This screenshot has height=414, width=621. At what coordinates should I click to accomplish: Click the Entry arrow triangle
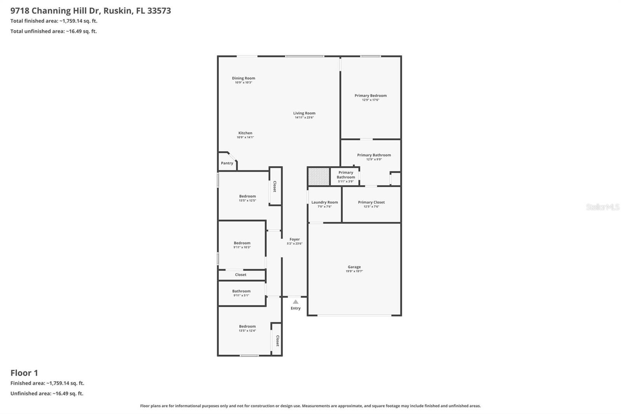pyautogui.click(x=295, y=302)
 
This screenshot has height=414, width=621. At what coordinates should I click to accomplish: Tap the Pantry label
pyautogui.click(x=227, y=163)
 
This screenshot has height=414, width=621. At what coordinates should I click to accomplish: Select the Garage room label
pyautogui.click(x=354, y=267)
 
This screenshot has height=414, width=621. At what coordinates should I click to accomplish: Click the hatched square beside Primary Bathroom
pyautogui.click(x=318, y=176)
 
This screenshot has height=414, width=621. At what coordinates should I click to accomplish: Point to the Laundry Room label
pyautogui.click(x=324, y=202)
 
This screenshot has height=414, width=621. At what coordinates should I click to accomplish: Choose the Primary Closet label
pyautogui.click(x=371, y=202)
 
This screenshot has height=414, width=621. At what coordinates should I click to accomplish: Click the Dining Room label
pyautogui.click(x=243, y=78)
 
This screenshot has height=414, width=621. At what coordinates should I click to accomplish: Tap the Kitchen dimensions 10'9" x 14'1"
pyautogui.click(x=245, y=137)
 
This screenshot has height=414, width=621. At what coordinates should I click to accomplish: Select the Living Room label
pyautogui.click(x=304, y=113)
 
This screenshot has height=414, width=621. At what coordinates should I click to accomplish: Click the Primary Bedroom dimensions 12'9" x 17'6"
pyautogui.click(x=370, y=100)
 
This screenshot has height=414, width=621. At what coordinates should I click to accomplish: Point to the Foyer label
pyautogui.click(x=295, y=239)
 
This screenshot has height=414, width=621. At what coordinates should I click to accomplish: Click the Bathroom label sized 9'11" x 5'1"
pyautogui.click(x=241, y=291)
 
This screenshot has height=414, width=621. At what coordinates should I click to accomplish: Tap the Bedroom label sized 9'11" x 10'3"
pyautogui.click(x=242, y=243)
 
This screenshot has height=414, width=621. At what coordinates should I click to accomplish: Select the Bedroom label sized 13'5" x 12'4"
pyautogui.click(x=247, y=326)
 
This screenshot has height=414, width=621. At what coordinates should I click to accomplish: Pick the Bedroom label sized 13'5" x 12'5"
pyautogui.click(x=247, y=196)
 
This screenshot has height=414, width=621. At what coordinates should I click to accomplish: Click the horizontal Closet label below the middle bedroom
pyautogui.click(x=241, y=275)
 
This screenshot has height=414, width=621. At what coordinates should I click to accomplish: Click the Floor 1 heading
pyautogui.click(x=24, y=373)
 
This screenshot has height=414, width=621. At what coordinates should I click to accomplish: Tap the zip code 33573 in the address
pyautogui.click(x=159, y=10)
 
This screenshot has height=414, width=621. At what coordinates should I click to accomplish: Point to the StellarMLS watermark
pyautogui.click(x=602, y=207)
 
